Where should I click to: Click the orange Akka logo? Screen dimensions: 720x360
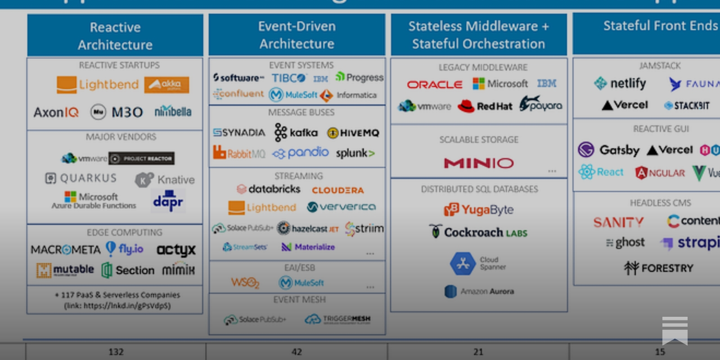click(x=166, y=85)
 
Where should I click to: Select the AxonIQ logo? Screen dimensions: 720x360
click(x=56, y=112)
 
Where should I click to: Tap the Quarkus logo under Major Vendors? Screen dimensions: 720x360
click(x=81, y=178)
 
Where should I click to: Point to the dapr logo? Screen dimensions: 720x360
click(x=168, y=202)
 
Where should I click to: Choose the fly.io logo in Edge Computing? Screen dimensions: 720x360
click(x=125, y=248)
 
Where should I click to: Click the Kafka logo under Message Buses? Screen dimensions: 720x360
click(x=296, y=132)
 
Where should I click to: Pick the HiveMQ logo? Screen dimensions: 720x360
click(x=353, y=133)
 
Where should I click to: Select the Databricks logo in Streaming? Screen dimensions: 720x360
click(x=269, y=189)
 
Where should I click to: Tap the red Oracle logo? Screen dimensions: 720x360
click(x=435, y=85)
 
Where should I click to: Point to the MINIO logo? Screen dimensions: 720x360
click(x=479, y=163)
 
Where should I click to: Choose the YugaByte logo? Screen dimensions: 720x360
click(x=479, y=210)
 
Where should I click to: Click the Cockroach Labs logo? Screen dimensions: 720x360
click(x=478, y=232)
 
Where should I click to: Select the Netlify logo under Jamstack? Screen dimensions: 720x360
click(x=620, y=83)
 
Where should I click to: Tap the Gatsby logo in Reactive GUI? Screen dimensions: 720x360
click(x=609, y=149)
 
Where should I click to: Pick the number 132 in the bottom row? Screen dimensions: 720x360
click(x=116, y=352)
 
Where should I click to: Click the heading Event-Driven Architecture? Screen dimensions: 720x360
click(x=297, y=35)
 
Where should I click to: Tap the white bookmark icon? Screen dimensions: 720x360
click(x=675, y=330)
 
